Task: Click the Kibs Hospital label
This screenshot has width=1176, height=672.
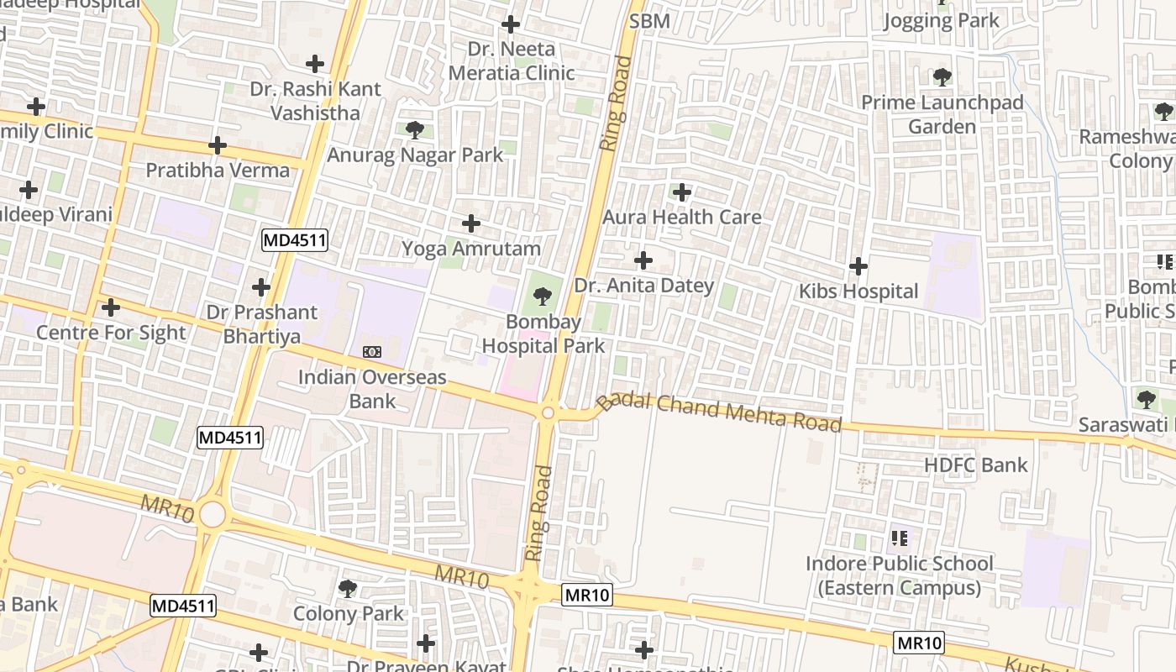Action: (858, 291)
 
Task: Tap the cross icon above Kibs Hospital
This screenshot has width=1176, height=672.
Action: (858, 267)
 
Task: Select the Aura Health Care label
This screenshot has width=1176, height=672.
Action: (681, 217)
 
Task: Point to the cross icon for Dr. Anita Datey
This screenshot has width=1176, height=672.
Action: (643, 260)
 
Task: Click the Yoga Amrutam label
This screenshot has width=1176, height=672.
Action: (470, 249)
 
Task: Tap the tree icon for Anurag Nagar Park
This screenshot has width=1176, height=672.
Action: (414, 130)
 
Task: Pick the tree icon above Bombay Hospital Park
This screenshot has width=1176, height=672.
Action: (543, 297)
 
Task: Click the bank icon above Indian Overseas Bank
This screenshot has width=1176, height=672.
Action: (371, 352)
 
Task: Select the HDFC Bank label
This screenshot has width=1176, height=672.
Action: (975, 465)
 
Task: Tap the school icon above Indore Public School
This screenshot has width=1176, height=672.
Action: (899, 538)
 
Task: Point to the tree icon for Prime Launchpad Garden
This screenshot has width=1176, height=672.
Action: (942, 78)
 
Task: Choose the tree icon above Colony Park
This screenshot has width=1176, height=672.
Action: (348, 589)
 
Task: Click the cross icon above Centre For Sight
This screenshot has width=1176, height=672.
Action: (110, 307)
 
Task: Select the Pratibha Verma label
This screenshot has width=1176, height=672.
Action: (218, 171)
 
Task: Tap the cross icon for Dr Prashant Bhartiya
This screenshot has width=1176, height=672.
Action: (261, 287)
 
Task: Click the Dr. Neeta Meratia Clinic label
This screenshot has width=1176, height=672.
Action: (511, 60)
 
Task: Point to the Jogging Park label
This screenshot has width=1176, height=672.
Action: (941, 21)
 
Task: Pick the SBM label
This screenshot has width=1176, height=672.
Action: (649, 21)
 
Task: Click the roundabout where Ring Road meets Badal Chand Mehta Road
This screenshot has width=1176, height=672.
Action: (549, 412)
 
